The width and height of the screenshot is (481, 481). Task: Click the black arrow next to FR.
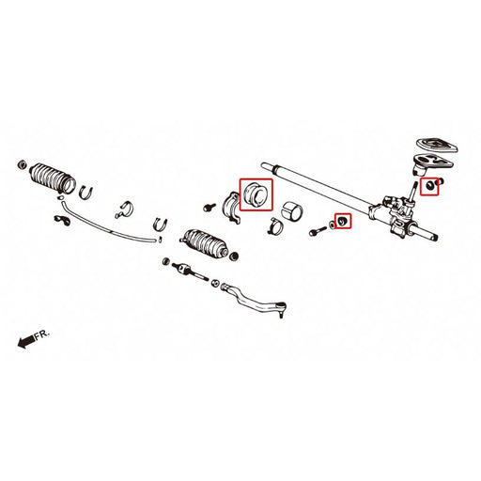coord(23,343)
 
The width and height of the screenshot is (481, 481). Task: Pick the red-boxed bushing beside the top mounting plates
coord(431,186)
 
